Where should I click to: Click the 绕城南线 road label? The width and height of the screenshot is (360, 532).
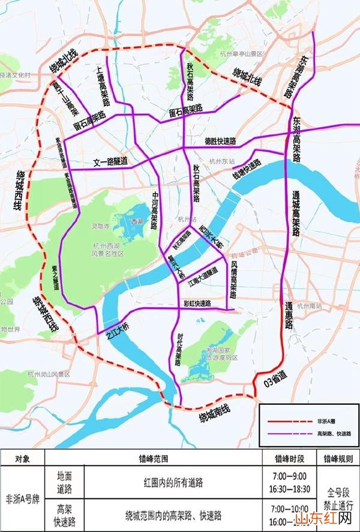[218, 414]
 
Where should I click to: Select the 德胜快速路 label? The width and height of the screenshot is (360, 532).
[220, 142]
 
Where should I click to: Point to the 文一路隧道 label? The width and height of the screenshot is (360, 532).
[110, 161]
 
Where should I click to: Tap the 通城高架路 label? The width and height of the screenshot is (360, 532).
[296, 214]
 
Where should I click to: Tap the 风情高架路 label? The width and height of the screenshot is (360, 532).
[233, 276]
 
